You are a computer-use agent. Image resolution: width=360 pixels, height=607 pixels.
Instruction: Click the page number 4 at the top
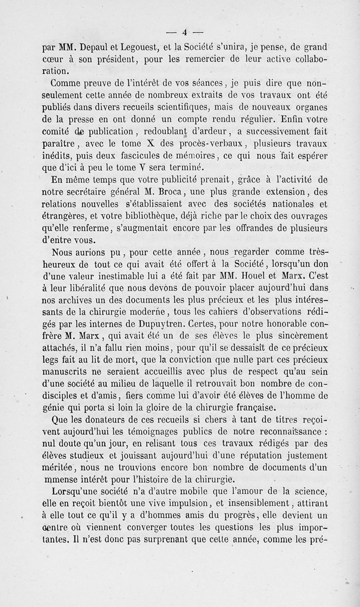[x=184, y=31]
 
